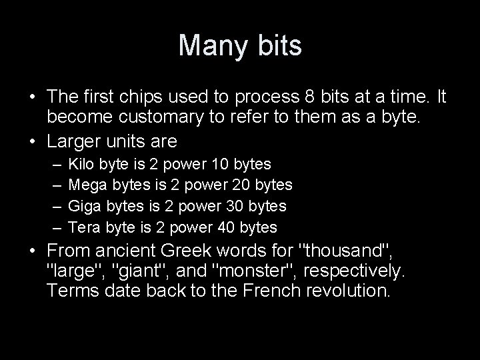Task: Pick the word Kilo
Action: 82,164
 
